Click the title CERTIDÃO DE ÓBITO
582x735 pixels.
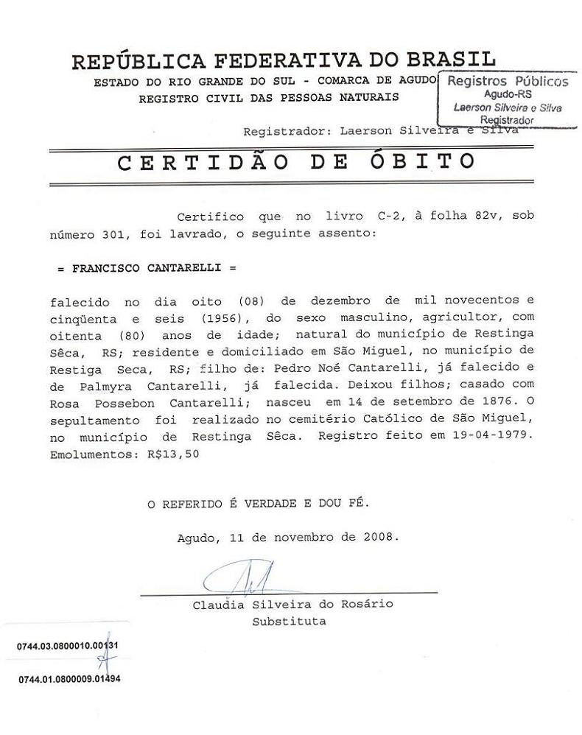[x=296, y=162]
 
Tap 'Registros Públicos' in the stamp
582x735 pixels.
[x=508, y=81]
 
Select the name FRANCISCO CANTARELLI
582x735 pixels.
[x=147, y=269]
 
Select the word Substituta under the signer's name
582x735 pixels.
[x=289, y=621]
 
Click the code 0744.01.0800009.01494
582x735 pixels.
[x=69, y=678]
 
